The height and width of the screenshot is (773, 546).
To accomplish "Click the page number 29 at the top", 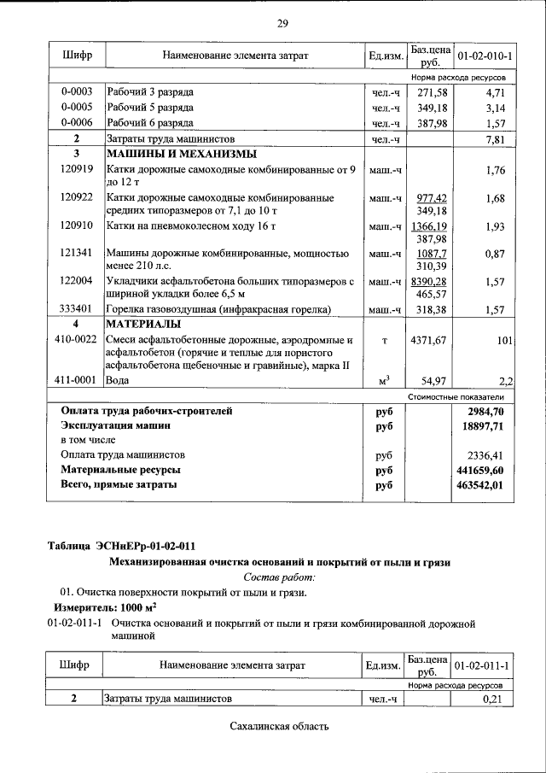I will click(282, 22).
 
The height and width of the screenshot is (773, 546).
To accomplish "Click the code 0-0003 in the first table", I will click(76, 91).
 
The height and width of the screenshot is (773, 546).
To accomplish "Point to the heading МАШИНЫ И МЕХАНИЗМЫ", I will click(181, 154).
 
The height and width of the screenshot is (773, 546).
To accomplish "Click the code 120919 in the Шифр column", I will click(76, 170).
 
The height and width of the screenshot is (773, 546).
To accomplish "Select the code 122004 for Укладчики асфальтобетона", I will click(76, 281).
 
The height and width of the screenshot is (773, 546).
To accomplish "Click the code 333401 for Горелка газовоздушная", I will click(76, 309).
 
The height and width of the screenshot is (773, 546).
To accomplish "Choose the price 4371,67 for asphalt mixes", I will click(428, 341).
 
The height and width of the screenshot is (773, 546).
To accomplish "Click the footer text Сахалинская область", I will click(279, 727).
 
